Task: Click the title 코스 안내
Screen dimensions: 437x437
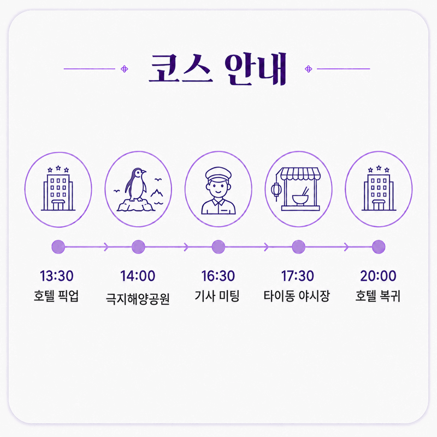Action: coord(217,69)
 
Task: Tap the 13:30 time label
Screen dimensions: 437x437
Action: coord(57,276)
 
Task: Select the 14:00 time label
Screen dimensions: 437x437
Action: coord(138,276)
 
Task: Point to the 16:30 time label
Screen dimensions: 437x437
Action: coord(218,276)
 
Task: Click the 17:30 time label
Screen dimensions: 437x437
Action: coord(297,276)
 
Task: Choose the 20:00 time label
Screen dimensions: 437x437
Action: coord(378,276)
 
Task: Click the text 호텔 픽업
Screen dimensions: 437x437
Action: coord(56,296)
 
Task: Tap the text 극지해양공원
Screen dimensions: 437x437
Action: coord(138,299)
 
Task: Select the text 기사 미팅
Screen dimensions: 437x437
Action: coord(217,296)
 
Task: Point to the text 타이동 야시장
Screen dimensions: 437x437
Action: coord(297,296)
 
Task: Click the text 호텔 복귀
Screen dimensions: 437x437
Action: coord(377,296)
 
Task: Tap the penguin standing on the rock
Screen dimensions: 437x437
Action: coord(135,185)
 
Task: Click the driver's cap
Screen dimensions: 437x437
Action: coord(218,173)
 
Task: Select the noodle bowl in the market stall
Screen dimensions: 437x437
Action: coord(300,200)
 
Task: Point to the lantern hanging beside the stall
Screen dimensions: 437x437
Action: coord(276,190)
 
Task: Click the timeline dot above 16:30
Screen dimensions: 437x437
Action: coord(218,247)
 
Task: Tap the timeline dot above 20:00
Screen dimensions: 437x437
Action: coord(379,247)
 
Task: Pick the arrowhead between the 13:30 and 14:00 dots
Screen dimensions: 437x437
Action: coord(106,247)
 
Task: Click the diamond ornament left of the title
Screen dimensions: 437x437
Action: coord(125,69)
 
